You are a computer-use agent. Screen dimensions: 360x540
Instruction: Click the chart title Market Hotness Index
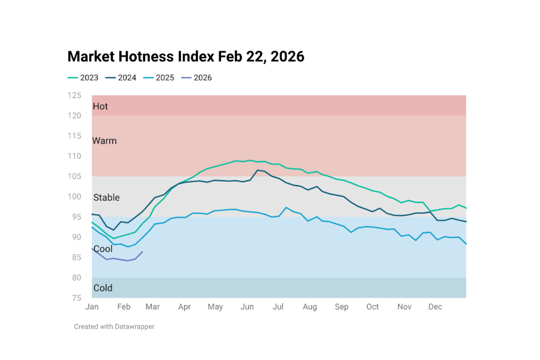point(186,57)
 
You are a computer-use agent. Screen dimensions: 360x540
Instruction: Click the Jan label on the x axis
point(92,307)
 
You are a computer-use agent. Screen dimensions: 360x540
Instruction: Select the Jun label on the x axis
point(246,307)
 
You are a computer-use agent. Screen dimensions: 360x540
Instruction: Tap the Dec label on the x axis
point(435,307)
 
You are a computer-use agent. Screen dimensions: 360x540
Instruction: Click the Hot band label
point(100,106)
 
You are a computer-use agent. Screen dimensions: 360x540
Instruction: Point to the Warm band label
point(105,141)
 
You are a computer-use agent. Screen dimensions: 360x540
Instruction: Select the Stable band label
point(106,197)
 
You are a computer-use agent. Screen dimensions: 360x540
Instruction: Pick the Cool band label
point(103,249)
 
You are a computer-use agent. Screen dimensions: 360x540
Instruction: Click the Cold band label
point(103,288)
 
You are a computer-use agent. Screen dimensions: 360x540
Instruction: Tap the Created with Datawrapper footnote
point(114,326)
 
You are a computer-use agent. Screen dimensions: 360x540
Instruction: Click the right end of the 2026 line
point(142,251)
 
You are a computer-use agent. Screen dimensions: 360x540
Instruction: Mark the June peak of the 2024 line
point(258,170)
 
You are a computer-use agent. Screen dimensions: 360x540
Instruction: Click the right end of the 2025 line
point(466,244)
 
